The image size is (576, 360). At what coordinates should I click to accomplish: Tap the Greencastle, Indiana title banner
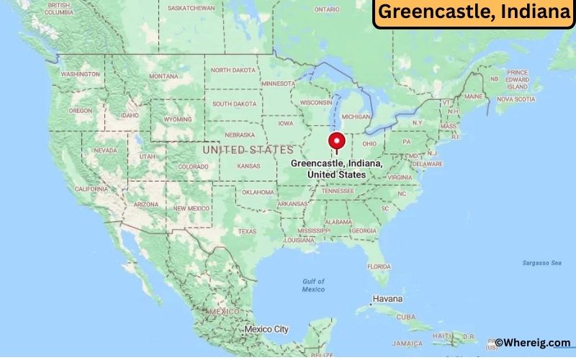(x=474, y=13)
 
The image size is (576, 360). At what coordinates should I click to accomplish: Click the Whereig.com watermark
(x=532, y=343)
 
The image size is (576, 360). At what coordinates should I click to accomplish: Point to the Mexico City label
(x=266, y=329)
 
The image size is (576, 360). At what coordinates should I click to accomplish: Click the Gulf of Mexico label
(x=313, y=285)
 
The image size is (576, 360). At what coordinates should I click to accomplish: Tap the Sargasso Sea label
(x=542, y=263)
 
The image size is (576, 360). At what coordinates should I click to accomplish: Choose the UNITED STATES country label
(x=248, y=150)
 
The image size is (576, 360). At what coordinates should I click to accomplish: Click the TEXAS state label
(x=247, y=231)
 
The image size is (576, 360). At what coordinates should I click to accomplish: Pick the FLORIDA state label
(x=379, y=266)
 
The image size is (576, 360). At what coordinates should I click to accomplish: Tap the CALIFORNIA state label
(x=91, y=189)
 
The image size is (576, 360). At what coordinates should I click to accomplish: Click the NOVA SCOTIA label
(x=516, y=99)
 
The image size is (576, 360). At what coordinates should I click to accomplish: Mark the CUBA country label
(x=407, y=317)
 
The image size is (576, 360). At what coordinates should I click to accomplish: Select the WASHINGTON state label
(x=80, y=74)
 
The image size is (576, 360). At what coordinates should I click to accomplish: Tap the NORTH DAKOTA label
(x=233, y=70)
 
